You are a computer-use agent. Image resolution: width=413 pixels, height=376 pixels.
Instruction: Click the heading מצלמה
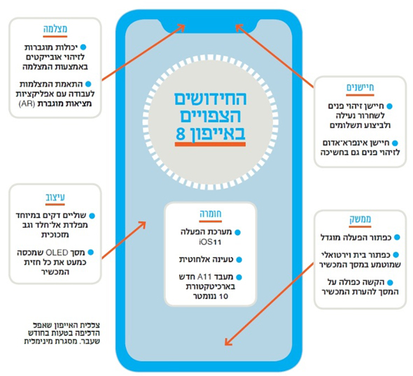[55, 29]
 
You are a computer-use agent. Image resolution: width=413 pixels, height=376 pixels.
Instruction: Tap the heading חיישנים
[360, 87]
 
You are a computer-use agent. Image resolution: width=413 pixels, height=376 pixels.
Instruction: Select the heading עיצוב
[55, 197]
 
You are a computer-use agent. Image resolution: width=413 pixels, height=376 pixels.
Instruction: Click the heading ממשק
[360, 219]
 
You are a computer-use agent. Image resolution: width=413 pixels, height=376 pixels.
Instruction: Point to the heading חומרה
[211, 214]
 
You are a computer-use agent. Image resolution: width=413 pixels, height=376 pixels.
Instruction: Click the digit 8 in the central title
[181, 133]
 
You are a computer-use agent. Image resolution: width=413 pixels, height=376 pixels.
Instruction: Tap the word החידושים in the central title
[211, 99]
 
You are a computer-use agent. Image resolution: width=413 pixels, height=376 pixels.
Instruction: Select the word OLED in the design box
[57, 253]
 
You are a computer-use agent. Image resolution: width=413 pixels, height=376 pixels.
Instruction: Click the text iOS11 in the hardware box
[210, 242]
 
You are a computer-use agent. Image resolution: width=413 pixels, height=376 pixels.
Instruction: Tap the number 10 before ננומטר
[223, 296]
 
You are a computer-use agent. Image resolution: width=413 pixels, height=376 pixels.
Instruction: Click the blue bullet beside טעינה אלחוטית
[239, 260]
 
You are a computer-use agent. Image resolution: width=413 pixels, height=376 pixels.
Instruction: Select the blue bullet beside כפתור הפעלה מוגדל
[397, 238]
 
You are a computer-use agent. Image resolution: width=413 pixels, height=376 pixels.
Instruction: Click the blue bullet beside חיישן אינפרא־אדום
[395, 143]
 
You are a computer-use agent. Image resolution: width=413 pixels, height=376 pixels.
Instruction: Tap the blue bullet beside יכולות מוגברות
[83, 48]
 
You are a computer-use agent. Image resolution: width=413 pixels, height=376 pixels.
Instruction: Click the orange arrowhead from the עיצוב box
[141, 225]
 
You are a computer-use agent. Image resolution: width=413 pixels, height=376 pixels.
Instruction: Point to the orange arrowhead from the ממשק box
[228, 341]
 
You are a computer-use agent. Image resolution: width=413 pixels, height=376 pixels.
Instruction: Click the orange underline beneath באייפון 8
[211, 144]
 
